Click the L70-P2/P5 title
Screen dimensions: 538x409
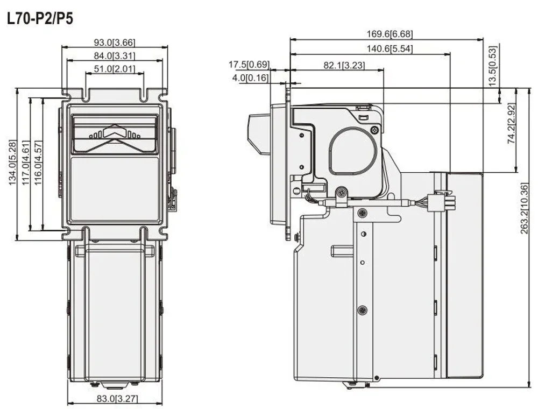pyautogui.click(x=40, y=18)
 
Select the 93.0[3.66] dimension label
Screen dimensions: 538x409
pyautogui.click(x=115, y=43)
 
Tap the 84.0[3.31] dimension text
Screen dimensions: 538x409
pyautogui.click(x=115, y=55)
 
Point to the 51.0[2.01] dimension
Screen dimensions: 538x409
pyautogui.click(x=115, y=69)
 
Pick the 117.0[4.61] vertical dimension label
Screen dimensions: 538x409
pyautogui.click(x=26, y=163)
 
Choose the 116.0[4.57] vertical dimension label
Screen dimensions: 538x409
pyautogui.click(x=38, y=163)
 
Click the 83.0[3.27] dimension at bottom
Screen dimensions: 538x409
pyautogui.click(x=117, y=399)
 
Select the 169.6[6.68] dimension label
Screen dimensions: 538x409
pyautogui.click(x=390, y=34)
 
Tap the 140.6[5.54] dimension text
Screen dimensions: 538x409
pyautogui.click(x=390, y=49)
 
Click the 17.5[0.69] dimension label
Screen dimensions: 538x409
pyautogui.click(x=249, y=64)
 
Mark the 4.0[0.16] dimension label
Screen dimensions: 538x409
pyautogui.click(x=251, y=78)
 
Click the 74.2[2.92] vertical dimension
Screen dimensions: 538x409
pyautogui.click(x=511, y=123)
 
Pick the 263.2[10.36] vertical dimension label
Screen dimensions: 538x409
pyautogui.click(x=524, y=209)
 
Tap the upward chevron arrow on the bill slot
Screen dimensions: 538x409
pyautogui.click(x=115, y=131)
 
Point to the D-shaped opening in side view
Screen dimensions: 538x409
pyautogui.click(x=353, y=151)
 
